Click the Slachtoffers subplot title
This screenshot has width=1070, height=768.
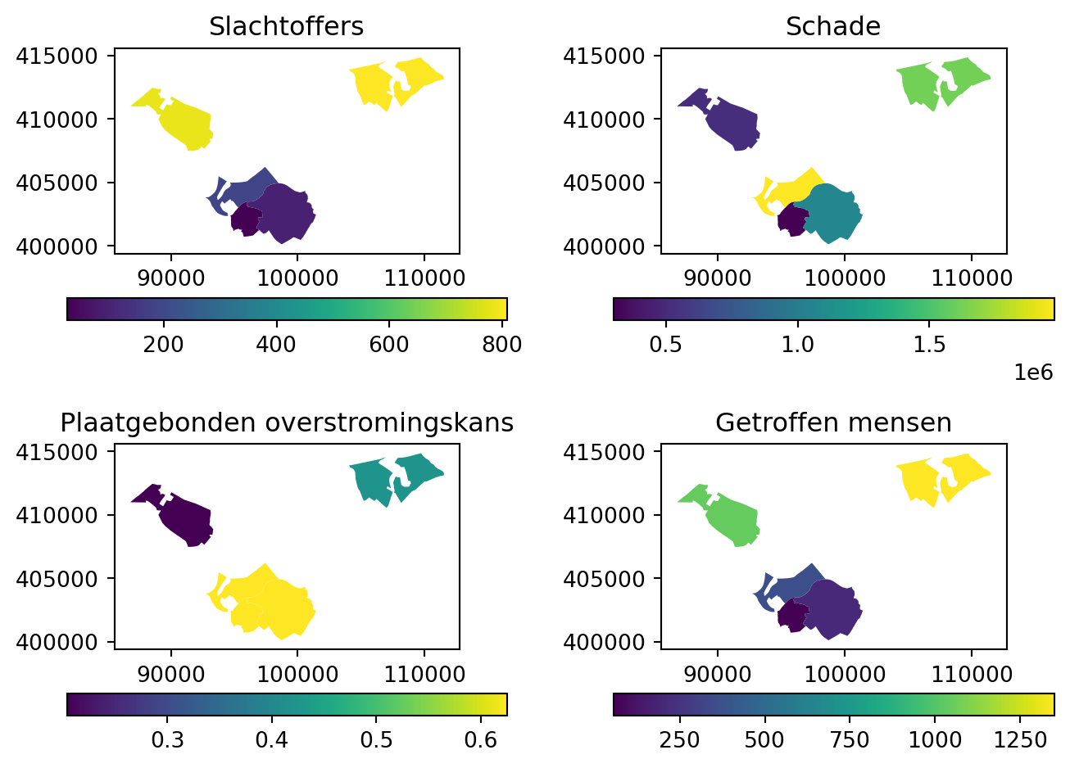tap(286, 27)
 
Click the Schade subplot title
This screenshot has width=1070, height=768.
tap(832, 27)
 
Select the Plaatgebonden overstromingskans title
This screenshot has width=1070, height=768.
tap(287, 423)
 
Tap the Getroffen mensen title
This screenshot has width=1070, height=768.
tap(833, 423)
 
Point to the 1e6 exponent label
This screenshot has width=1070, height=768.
tap(1033, 373)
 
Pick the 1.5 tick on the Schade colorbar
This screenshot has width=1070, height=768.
tap(930, 345)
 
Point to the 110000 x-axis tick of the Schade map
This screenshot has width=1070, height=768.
tap(971, 278)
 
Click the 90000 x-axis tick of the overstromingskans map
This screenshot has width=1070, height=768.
tap(171, 674)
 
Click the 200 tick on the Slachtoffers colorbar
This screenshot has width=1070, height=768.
tap(164, 345)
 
